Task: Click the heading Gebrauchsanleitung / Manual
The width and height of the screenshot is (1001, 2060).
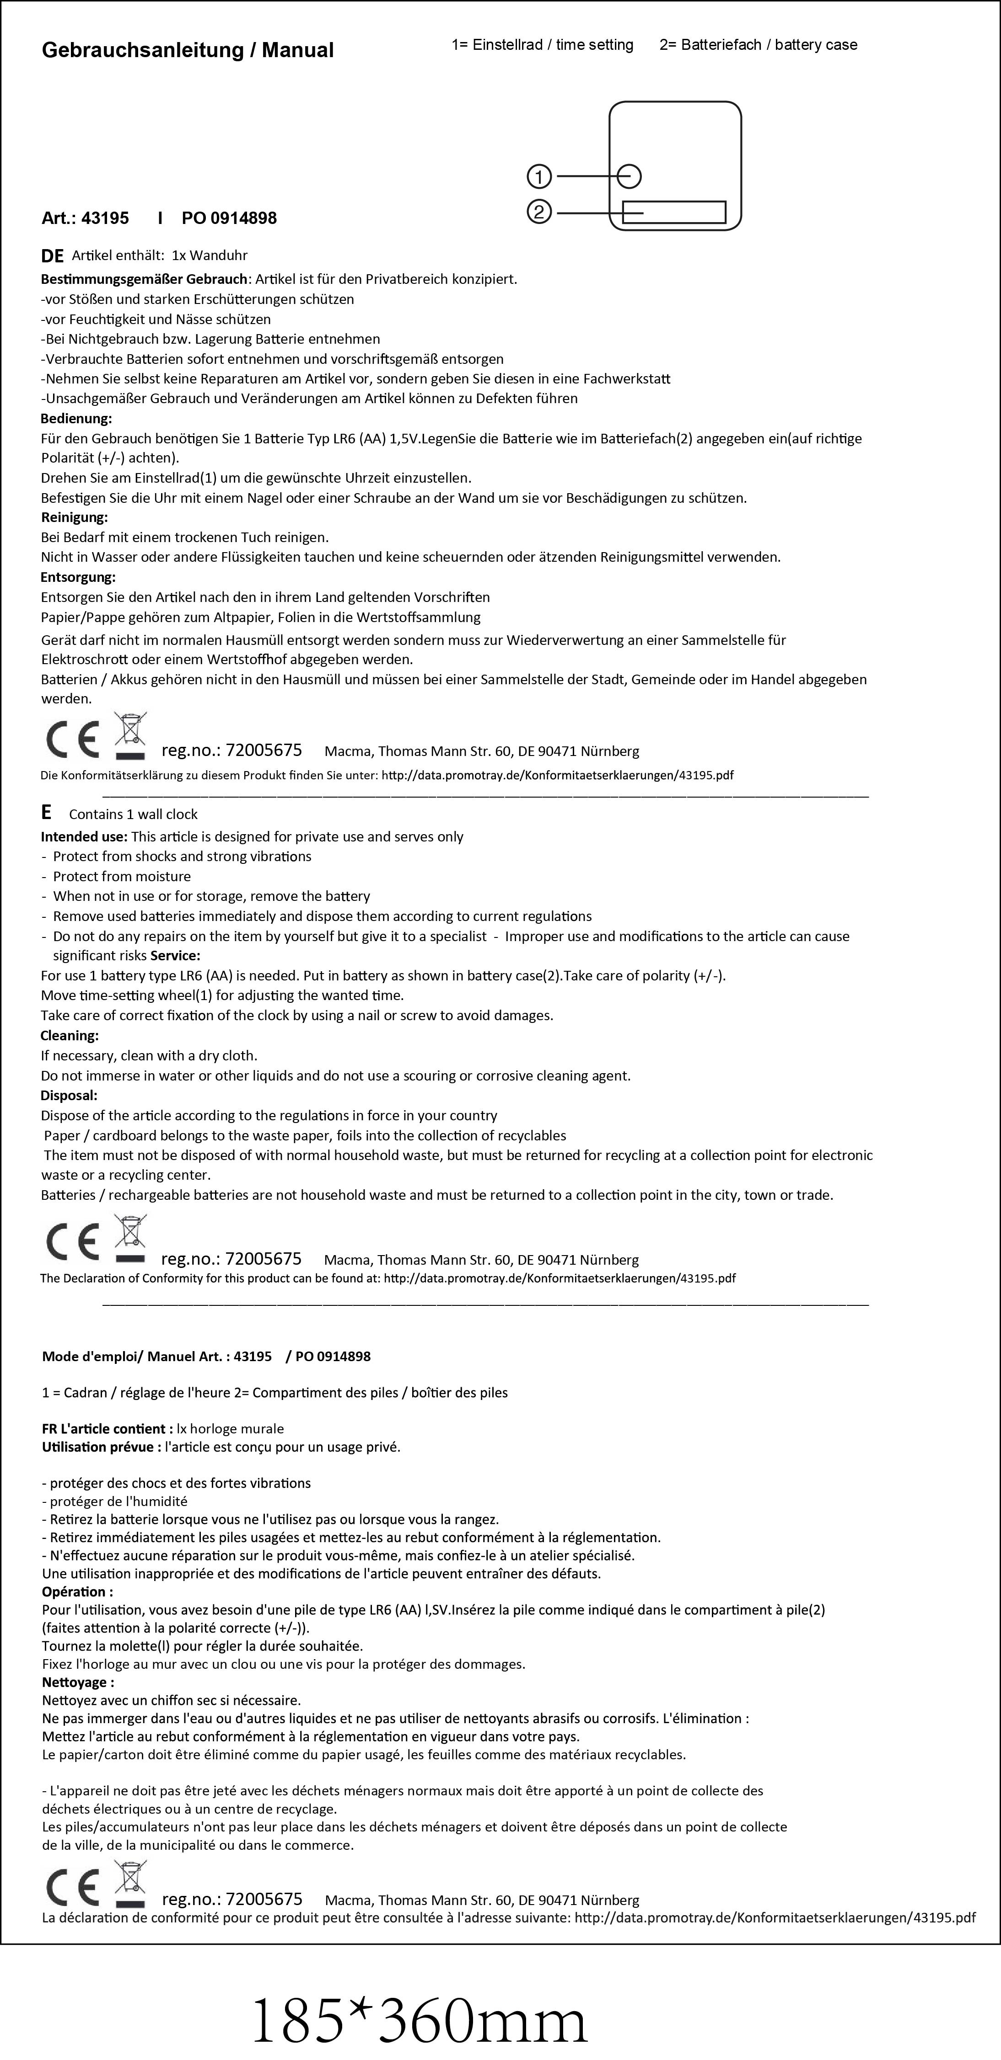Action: pos(187,50)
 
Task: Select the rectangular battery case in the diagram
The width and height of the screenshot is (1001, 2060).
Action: pos(674,213)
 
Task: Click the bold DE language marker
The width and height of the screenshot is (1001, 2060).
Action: pos(52,256)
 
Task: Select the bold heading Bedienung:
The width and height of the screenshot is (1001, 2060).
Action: pos(76,418)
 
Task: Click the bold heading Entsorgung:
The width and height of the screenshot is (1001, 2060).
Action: pos(78,576)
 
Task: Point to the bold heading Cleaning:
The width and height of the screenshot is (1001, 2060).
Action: pos(70,1036)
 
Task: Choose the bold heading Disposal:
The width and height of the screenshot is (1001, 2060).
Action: pos(69,1096)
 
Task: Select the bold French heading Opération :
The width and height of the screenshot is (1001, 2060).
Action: pos(77,1592)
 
